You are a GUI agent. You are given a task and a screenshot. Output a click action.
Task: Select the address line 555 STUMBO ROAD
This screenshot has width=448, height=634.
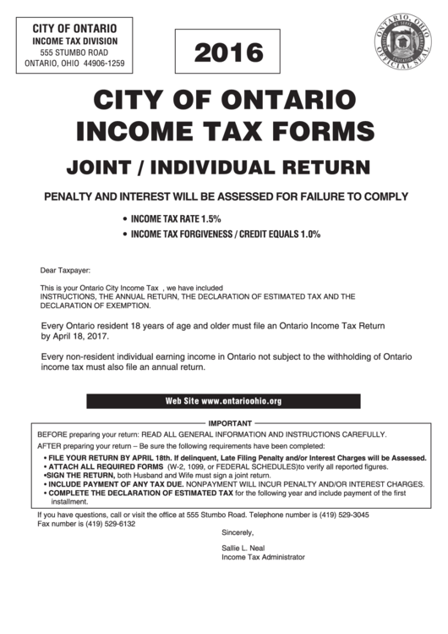coord(74,52)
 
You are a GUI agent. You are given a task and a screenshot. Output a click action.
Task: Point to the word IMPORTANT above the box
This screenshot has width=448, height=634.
coord(224,422)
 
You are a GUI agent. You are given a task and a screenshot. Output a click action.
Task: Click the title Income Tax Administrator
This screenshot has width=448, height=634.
coord(262,558)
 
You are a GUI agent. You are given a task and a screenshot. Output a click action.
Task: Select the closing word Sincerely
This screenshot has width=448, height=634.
coord(238,532)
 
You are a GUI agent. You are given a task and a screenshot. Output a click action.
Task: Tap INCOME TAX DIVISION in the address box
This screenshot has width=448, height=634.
coord(74,41)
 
